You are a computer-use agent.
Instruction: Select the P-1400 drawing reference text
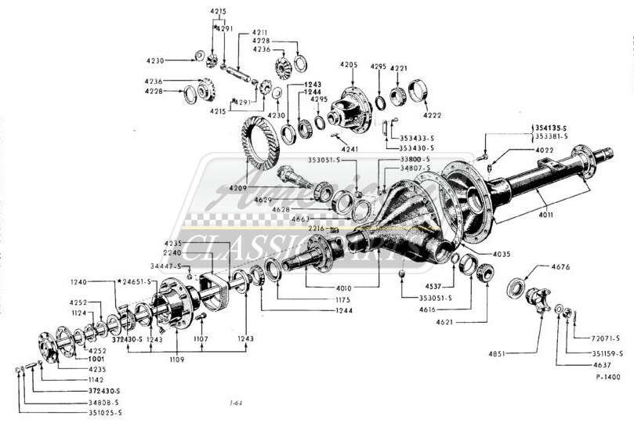pos(607,377)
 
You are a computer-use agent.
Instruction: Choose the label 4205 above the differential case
pos(349,64)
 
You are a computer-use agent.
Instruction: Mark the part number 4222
pos(432,115)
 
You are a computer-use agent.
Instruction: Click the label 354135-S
pos(551,127)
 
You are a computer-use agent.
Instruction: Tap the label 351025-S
pos(104,412)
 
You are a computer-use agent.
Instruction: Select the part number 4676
pos(562,267)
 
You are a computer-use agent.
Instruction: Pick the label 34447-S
pos(165,266)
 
